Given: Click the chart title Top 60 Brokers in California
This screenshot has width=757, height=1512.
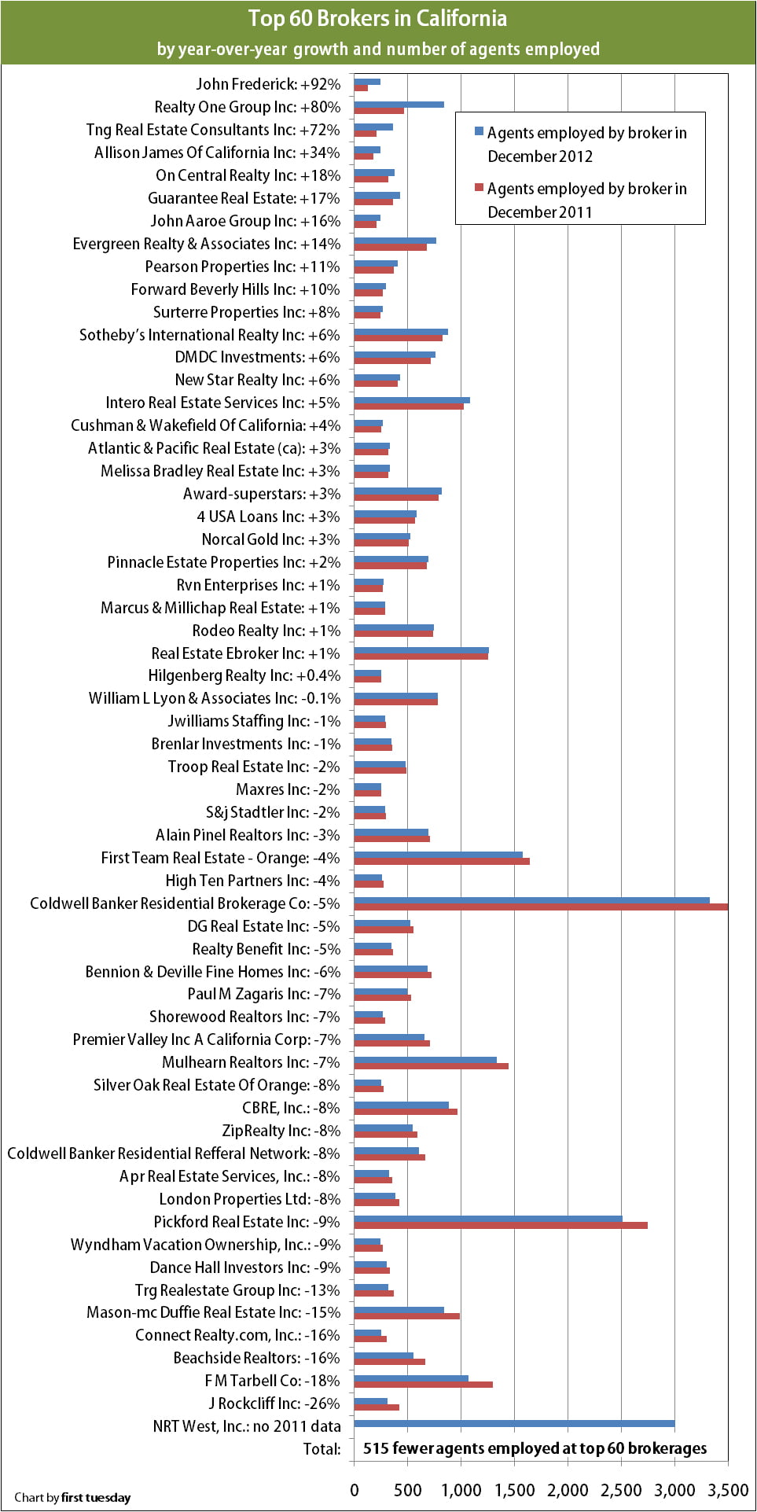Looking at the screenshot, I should (377, 18).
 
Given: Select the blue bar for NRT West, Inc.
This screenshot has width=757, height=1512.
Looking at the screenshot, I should (514, 1423).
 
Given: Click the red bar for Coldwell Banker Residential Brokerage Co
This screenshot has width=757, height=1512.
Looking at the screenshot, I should (541, 907).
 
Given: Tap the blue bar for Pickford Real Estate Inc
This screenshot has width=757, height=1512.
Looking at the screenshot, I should (487, 1219).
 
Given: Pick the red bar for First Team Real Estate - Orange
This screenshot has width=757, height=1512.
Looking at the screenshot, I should (441, 862).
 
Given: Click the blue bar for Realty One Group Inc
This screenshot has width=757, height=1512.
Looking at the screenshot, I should (399, 104).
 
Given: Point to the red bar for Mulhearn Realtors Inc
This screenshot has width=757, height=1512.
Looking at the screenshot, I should (431, 1066).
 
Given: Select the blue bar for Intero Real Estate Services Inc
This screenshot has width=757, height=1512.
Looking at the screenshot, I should (411, 399).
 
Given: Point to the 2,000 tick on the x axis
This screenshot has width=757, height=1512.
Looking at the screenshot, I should (568, 1490).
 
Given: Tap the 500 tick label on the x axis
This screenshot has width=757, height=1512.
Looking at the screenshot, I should (407, 1490).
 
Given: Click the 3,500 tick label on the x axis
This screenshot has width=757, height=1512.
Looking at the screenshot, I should (727, 1490).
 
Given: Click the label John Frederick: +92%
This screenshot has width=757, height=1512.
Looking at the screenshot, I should (268, 84).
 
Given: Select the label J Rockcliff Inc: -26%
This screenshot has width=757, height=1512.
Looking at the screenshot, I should (274, 1403).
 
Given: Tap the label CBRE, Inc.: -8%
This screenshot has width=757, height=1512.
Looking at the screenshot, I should (291, 1108).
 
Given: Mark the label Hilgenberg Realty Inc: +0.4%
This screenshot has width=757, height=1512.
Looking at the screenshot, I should (244, 675).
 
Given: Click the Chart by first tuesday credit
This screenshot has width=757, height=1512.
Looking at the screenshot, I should (72, 1497).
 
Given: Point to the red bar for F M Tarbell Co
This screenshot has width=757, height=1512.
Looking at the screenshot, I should (423, 1385).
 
